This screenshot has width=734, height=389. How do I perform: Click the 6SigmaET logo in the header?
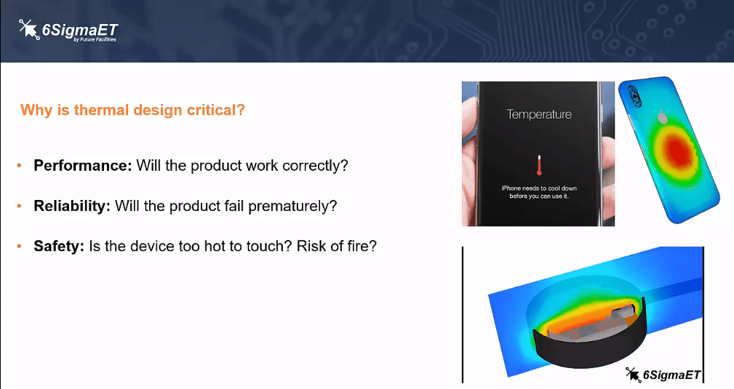tap(68, 31)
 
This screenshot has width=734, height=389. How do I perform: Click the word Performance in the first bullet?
tap(82, 166)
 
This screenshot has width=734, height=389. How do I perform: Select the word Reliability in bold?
tap(71, 206)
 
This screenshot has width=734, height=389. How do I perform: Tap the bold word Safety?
tap(58, 246)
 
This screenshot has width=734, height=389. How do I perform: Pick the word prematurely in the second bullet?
tap(292, 206)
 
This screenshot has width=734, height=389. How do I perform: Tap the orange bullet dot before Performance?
tap(19, 165)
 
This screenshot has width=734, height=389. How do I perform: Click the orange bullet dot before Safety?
tap(19, 246)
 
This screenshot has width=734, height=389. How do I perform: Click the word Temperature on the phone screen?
tap(539, 114)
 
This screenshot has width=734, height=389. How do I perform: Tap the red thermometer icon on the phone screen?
tap(539, 165)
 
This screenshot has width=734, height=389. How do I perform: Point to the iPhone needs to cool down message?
tap(539, 192)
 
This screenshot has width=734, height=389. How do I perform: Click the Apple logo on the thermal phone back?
tap(663, 118)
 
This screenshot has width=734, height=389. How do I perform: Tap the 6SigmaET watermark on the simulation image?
tap(663, 374)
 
